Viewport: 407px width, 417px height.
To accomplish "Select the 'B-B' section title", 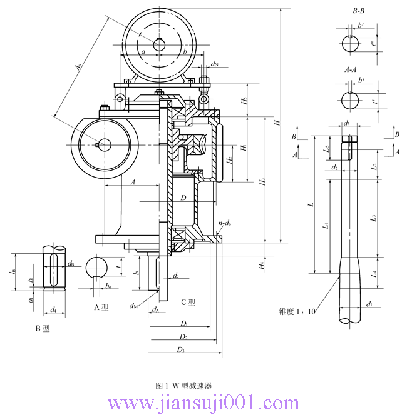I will [x=360, y=11].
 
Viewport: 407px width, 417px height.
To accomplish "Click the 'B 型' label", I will [x=43, y=328].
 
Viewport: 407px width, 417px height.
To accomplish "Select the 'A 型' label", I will [x=101, y=307].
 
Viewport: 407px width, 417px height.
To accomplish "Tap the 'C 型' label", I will [x=188, y=302].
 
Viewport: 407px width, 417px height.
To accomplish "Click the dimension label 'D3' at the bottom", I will [x=180, y=349].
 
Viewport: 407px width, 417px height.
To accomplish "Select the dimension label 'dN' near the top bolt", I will [x=214, y=64].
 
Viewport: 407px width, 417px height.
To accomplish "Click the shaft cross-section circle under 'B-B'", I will [x=350, y=44].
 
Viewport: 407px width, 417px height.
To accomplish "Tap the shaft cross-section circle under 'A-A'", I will [x=350, y=100].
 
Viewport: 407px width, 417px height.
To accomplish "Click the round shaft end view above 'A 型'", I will [x=98, y=266].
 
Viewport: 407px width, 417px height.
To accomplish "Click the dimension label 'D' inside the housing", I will [x=183, y=198].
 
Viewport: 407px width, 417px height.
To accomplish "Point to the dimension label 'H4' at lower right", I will [x=261, y=266].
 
